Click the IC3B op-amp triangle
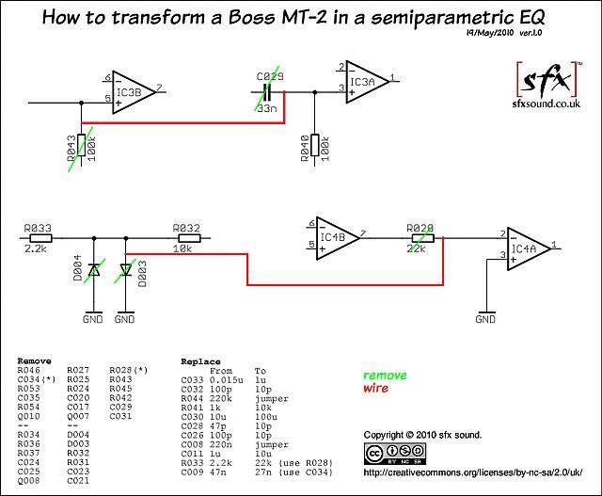tap(134, 92)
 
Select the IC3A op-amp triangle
tap(368, 82)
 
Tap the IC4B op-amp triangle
tap(338, 238)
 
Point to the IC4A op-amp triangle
tap(529, 248)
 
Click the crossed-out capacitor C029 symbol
tap(267, 92)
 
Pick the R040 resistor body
tap(315, 145)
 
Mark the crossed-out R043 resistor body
tap(82, 145)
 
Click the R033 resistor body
tap(41, 238)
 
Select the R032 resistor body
tap(189, 238)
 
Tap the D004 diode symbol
tap(94, 270)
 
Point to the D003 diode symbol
tap(126, 270)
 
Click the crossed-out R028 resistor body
tap(422, 238)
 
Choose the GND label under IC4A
tap(485, 319)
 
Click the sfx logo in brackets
tap(547, 79)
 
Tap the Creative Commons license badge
tap(395, 454)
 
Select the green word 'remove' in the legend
tap(385, 375)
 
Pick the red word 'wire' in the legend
tap(375, 388)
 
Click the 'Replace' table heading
tap(200, 361)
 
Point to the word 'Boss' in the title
tap(251, 17)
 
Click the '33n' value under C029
tap(267, 108)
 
